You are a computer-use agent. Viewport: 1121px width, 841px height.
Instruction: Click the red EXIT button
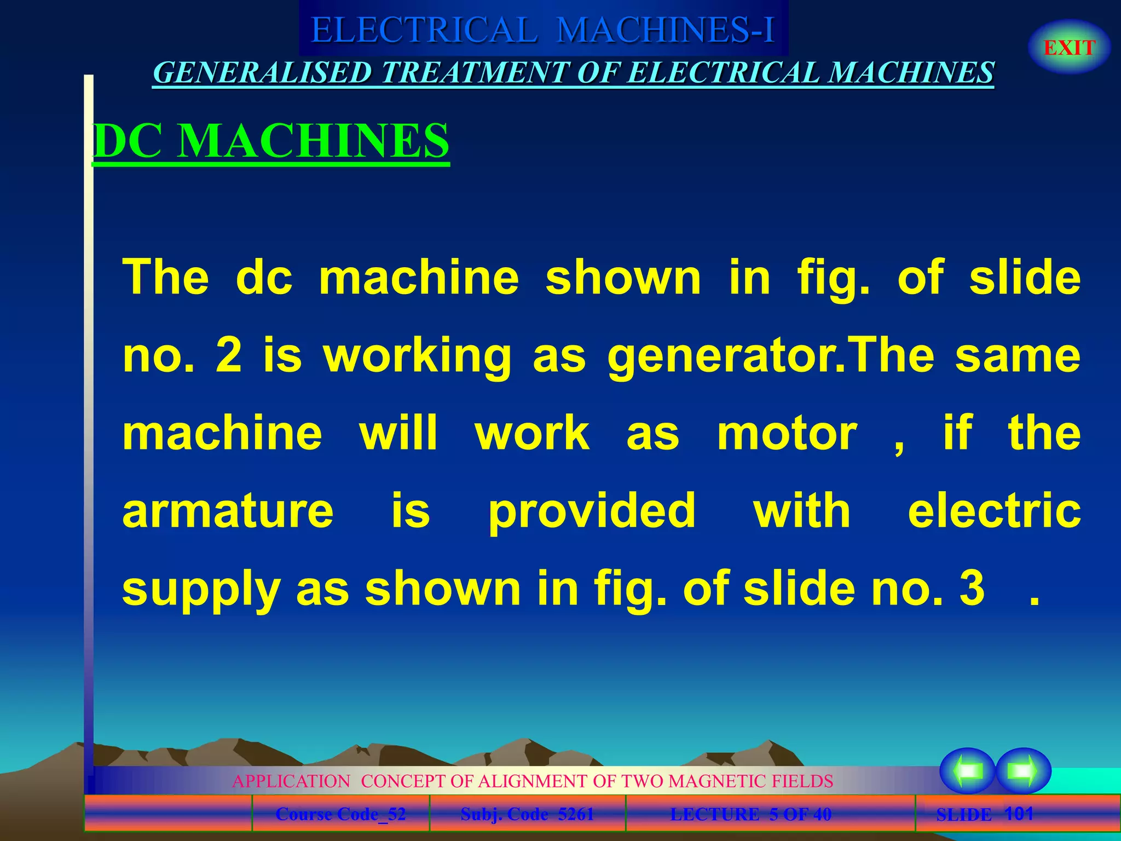[x=1069, y=48]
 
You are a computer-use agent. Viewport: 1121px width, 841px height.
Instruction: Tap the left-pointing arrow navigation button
[x=967, y=771]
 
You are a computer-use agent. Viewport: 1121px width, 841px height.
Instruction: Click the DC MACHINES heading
[x=271, y=141]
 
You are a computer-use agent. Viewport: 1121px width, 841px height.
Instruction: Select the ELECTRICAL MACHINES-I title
[x=543, y=30]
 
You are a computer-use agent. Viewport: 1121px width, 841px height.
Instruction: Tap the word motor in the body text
[x=787, y=434]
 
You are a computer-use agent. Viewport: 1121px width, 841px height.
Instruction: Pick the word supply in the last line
[x=201, y=589]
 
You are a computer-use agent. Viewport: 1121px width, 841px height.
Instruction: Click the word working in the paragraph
[x=418, y=356]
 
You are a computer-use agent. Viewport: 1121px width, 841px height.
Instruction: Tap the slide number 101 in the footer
[x=1019, y=814]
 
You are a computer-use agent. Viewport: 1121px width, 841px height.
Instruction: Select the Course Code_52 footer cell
[x=340, y=814]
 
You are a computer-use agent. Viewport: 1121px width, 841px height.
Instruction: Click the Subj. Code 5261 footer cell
[x=527, y=814]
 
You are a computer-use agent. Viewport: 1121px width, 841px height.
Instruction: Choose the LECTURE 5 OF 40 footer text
[x=750, y=814]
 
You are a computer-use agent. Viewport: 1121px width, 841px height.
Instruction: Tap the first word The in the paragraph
[x=165, y=278]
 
